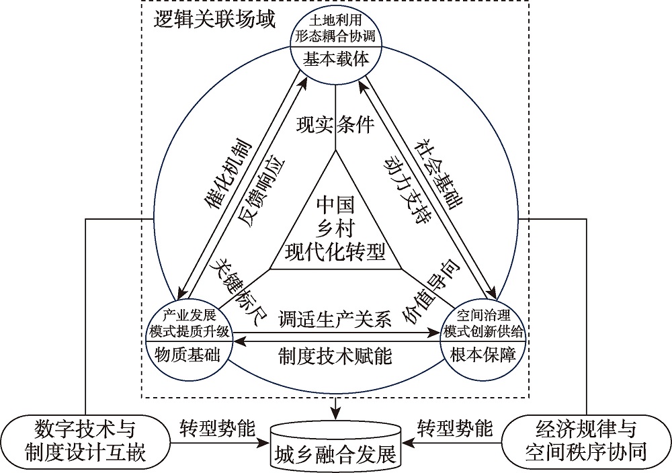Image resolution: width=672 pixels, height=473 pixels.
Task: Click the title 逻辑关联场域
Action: tap(215, 19)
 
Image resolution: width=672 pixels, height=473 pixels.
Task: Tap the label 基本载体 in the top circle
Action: tap(336, 60)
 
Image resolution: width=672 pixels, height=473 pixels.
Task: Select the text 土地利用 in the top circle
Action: tap(336, 21)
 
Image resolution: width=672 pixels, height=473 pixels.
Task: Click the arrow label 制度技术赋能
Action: tap(335, 354)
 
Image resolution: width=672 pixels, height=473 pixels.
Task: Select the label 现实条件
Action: tap(335, 126)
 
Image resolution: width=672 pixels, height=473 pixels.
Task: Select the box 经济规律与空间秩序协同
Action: tap(585, 441)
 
